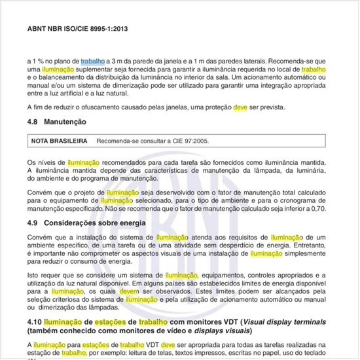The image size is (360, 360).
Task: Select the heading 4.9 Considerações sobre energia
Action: click(x=88, y=224)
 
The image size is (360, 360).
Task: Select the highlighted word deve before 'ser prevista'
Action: click(x=242, y=107)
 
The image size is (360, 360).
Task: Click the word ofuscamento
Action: click(x=104, y=107)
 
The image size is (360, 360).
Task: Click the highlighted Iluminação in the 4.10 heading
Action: click(x=67, y=322)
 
